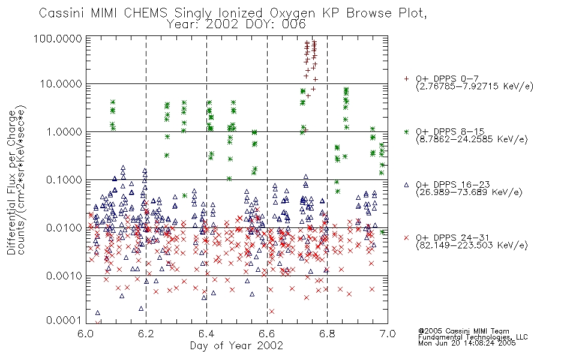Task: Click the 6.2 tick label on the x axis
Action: (x=146, y=334)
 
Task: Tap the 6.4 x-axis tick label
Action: (x=206, y=334)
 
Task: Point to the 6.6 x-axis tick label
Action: (x=267, y=334)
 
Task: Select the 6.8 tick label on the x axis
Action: (x=327, y=334)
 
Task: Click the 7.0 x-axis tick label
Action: (x=388, y=334)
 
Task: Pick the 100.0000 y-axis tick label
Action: (x=58, y=38)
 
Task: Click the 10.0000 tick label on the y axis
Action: (x=61, y=84)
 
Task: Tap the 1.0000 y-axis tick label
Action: (x=64, y=131)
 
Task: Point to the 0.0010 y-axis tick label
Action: (x=64, y=275)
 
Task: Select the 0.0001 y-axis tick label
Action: (x=64, y=320)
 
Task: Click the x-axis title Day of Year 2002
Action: (x=236, y=346)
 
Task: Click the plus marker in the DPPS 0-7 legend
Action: (x=406, y=79)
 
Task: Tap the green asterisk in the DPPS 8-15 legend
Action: (x=406, y=131)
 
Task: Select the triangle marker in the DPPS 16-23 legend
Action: (x=406, y=185)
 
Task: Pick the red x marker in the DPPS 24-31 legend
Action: (x=406, y=238)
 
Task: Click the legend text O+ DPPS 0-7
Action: (x=447, y=79)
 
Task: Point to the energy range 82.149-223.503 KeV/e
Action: (x=472, y=245)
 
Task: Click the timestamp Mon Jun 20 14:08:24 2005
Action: (x=467, y=343)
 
